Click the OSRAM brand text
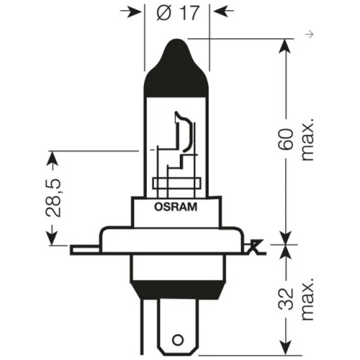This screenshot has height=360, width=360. click(176, 207)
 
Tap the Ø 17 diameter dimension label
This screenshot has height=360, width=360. click(178, 12)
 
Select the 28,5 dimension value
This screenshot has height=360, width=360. click(53, 198)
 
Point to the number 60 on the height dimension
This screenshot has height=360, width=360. click(286, 140)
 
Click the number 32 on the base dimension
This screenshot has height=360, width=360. click(286, 298)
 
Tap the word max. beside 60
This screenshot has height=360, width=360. click(307, 140)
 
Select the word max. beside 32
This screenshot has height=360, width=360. click(307, 299)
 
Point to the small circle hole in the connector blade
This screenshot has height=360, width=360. click(178, 340)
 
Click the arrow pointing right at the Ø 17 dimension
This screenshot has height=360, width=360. click(131, 12)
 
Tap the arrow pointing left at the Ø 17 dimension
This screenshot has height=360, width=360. click(224, 11)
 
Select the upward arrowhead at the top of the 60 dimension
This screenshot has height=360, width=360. click(285, 46)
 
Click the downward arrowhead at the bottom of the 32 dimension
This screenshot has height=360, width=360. click(285, 347)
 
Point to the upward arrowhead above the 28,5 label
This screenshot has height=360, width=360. click(52, 159)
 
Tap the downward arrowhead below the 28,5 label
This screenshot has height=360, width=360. click(52, 238)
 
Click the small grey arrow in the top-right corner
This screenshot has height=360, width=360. click(310, 35)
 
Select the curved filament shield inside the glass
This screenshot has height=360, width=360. click(185, 131)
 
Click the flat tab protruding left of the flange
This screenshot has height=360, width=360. click(85, 250)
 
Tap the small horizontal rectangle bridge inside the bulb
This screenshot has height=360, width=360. click(176, 184)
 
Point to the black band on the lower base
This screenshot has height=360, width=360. click(178, 289)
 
